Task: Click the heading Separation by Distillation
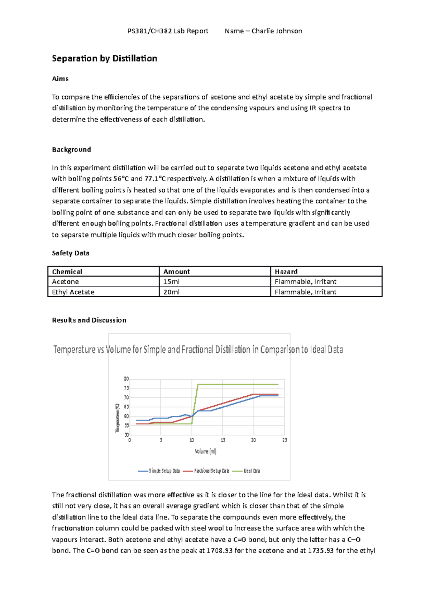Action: pyautogui.click(x=104, y=58)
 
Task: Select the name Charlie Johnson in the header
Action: pyautogui.click(x=277, y=31)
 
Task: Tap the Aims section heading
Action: pyautogui.click(x=60, y=79)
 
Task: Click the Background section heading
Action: pyautogui.click(x=71, y=150)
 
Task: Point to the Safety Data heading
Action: pyautogui.click(x=71, y=253)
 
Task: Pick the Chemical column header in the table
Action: pyautogui.click(x=67, y=272)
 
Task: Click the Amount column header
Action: pyautogui.click(x=177, y=272)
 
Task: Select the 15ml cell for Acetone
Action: pyautogui.click(x=171, y=282)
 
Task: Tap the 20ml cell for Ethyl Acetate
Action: pyautogui.click(x=171, y=292)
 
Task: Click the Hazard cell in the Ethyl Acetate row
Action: pyautogui.click(x=305, y=292)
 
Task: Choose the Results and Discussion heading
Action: pyautogui.click(x=89, y=320)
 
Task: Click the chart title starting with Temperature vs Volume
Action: pyautogui.click(x=198, y=349)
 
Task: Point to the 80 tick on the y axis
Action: pyautogui.click(x=126, y=379)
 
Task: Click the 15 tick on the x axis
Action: pyautogui.click(x=223, y=440)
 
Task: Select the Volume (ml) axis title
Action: pyautogui.click(x=206, y=452)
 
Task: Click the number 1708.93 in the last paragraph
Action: pyautogui.click(x=220, y=551)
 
